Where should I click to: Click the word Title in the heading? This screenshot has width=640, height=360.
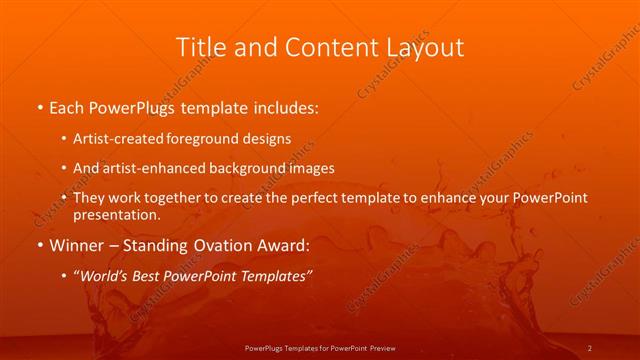tap(201, 47)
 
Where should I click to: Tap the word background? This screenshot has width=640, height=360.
tap(246, 168)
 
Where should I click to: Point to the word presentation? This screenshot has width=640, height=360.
tap(116, 215)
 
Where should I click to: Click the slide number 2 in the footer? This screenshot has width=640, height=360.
tap(590, 347)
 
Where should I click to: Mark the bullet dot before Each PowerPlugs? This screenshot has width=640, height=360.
tap(39, 106)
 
